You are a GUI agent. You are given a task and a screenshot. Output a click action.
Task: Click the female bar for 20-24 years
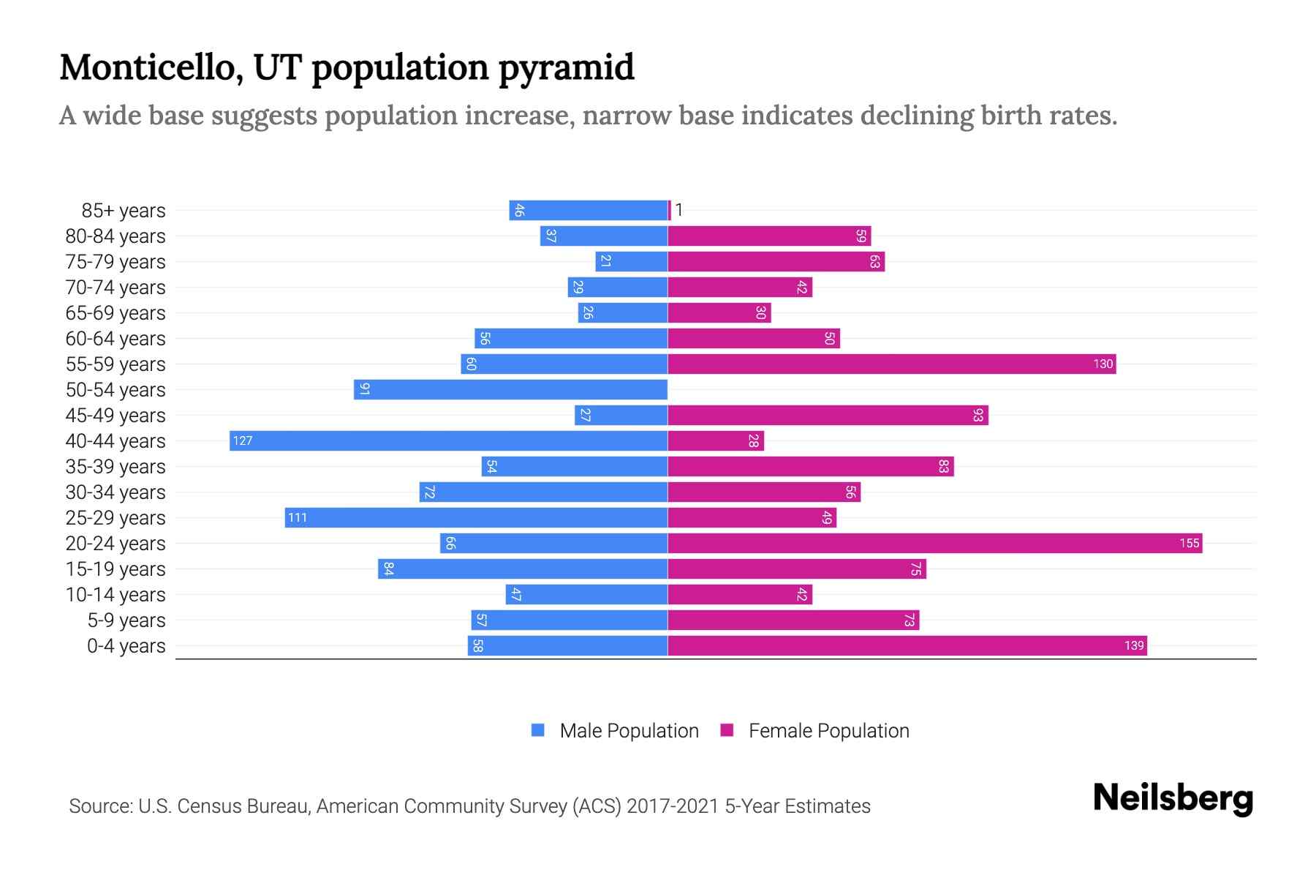934,543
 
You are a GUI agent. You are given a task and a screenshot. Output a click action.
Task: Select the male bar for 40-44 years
448,440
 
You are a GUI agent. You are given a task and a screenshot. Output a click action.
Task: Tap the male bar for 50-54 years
510,389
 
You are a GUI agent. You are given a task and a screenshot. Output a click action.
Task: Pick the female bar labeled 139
907,645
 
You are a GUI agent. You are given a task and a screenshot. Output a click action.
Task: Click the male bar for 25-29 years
476,517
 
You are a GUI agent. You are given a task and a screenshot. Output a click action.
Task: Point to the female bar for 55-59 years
891,364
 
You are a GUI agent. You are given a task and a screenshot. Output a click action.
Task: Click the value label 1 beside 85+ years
678,210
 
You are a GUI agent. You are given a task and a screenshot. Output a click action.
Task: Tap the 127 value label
243,440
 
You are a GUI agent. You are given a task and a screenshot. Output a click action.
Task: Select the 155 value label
1189,543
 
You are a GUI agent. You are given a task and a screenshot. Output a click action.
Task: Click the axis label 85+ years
123,211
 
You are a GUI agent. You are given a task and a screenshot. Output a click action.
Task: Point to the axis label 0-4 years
126,646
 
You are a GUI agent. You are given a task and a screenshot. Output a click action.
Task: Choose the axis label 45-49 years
116,416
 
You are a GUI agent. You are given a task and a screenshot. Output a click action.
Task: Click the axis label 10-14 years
116,595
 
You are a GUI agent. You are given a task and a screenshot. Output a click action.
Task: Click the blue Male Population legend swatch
538,730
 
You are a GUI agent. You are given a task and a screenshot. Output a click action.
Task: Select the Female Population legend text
828,730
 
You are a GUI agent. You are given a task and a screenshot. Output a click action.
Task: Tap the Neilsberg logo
1173,798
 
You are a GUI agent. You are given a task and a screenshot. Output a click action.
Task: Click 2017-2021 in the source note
673,806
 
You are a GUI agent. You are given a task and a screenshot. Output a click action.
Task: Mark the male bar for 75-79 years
631,261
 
